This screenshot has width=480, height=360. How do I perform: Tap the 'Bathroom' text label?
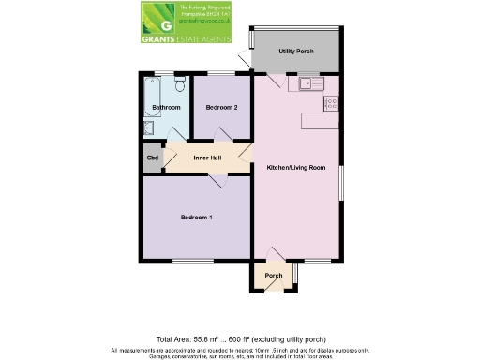coord(166,108)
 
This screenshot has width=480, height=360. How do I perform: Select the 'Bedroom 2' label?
coord(222,108)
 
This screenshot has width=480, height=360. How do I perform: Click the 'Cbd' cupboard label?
coord(152,158)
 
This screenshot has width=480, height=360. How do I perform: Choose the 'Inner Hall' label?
coord(207,157)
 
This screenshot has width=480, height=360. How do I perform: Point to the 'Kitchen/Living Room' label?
coord(296,167)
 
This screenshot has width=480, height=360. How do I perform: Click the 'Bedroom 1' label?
coord(197,217)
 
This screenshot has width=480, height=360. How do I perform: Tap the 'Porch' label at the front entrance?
coord(274,275)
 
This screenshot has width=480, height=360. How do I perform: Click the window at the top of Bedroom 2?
coord(221,73)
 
